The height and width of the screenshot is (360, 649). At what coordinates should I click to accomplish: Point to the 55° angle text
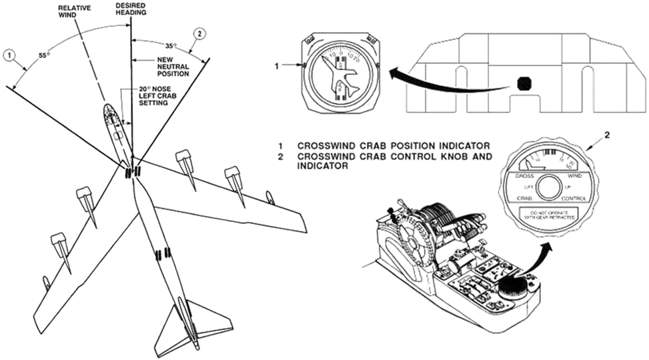(44, 56)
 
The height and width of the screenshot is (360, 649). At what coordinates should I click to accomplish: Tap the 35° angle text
(171, 46)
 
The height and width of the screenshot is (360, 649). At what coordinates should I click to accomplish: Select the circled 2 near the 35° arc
(197, 33)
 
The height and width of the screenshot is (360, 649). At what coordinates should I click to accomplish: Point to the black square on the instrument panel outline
(526, 83)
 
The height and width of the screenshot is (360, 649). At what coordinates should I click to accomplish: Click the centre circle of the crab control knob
(550, 189)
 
